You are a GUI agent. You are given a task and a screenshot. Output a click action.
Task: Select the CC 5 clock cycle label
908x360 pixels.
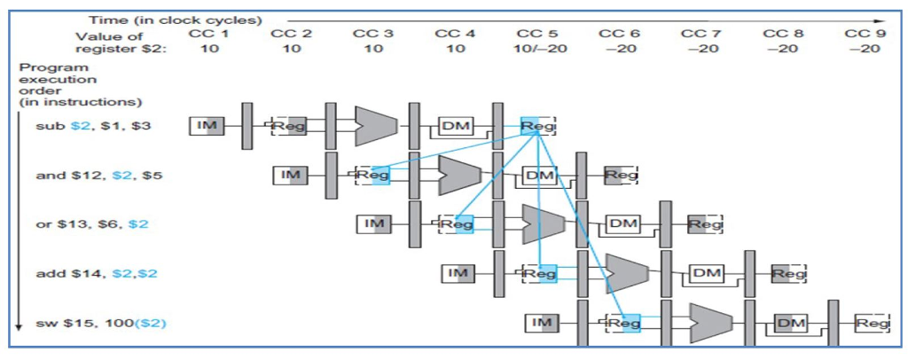[537, 33]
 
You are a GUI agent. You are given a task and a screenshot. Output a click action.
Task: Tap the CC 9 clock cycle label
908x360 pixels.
[864, 33]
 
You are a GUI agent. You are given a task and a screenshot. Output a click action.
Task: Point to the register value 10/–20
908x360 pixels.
[537, 48]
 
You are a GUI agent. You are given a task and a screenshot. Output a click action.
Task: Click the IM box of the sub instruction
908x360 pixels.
[207, 127]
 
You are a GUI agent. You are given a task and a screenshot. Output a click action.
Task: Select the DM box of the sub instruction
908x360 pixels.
[455, 127]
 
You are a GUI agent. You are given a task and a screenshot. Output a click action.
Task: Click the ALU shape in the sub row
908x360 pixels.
[374, 126]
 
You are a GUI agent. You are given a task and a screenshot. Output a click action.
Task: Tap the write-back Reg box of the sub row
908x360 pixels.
[537, 127]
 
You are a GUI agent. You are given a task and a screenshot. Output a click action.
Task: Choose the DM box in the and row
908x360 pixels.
[538, 176]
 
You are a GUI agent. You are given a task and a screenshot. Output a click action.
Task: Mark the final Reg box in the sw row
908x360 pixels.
[872, 324]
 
